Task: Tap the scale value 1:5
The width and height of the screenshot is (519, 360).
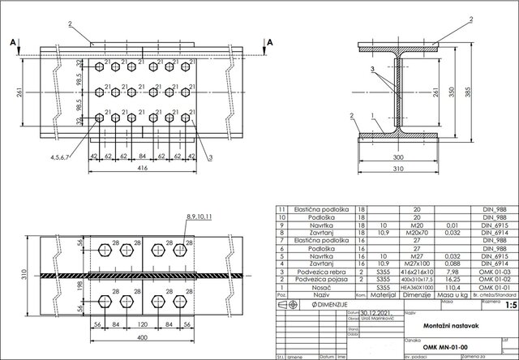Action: pos(508,306)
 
